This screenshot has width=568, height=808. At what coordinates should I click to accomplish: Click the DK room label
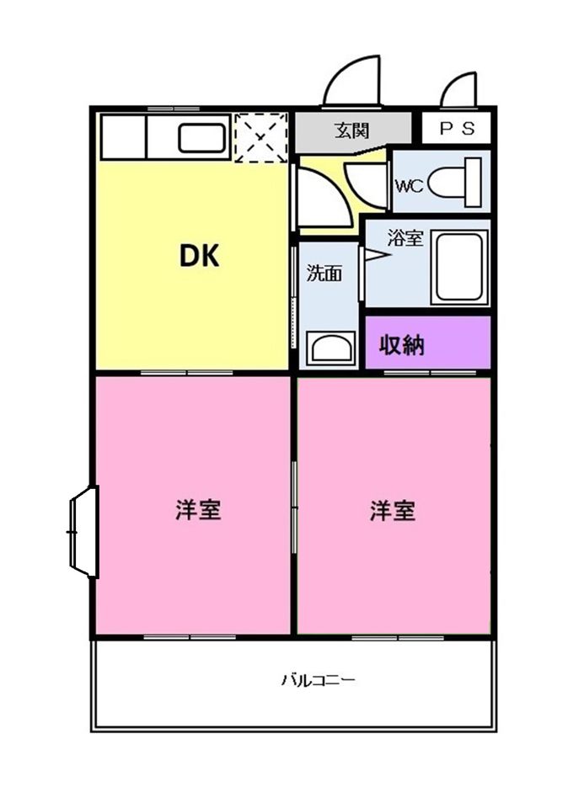click(199, 256)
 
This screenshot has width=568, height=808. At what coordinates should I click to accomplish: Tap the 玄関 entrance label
click(352, 130)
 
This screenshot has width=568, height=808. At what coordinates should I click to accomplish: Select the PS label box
click(456, 128)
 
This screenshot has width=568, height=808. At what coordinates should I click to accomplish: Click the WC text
click(409, 185)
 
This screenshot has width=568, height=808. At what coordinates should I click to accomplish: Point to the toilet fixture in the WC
click(455, 183)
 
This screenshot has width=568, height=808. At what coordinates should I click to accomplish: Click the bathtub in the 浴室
click(459, 268)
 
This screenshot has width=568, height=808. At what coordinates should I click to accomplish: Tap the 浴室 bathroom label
click(405, 237)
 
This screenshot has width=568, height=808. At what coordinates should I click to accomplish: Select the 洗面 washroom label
click(324, 273)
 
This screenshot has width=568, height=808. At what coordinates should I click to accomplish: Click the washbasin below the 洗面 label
click(331, 348)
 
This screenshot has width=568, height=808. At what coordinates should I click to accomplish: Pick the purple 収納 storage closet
click(427, 343)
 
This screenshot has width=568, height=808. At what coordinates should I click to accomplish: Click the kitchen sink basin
click(201, 138)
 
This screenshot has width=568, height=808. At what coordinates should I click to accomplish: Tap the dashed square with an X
click(260, 137)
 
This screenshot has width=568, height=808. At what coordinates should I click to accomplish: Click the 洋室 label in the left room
click(199, 510)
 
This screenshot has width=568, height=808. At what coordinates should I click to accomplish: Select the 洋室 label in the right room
click(393, 510)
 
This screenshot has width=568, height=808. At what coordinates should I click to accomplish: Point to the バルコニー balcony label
click(319, 680)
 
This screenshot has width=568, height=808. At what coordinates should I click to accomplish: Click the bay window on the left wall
click(83, 532)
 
